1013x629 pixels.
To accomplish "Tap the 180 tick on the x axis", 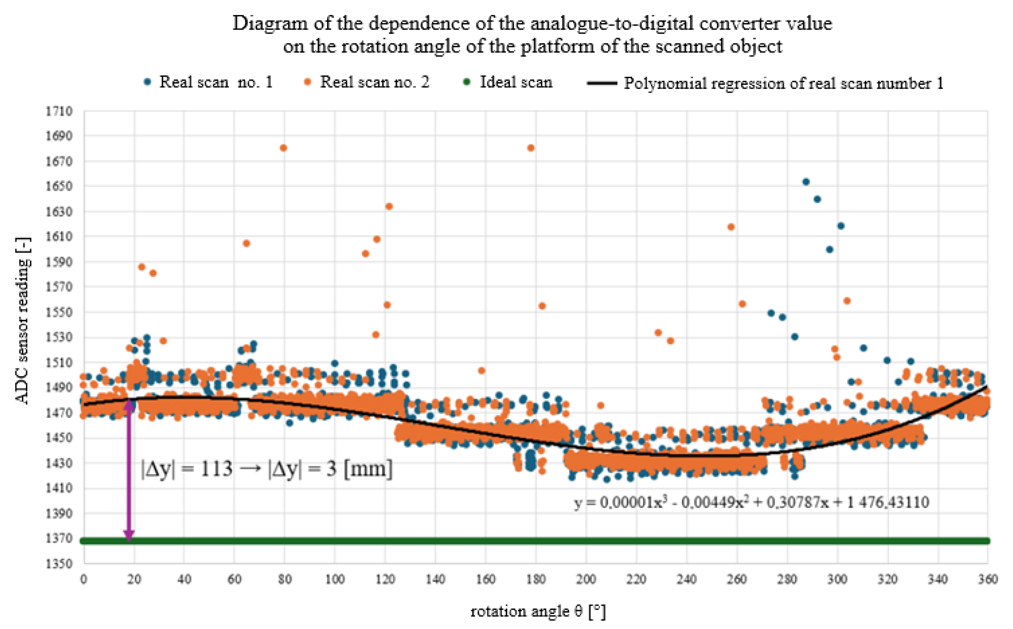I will click(536, 579).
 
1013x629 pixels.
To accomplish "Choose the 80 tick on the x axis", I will click(284, 579).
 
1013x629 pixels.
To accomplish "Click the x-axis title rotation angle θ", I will click(537, 611).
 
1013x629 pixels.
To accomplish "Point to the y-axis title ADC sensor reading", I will click(23, 321).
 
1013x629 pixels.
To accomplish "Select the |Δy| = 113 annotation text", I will click(267, 470).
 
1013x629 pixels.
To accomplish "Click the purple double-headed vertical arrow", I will click(129, 470).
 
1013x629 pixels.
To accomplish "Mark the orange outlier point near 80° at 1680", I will click(283, 148).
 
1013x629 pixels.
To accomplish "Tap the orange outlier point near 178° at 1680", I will click(531, 148).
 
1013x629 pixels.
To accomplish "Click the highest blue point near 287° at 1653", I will click(806, 182).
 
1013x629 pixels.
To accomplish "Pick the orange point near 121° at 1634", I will click(389, 206).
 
